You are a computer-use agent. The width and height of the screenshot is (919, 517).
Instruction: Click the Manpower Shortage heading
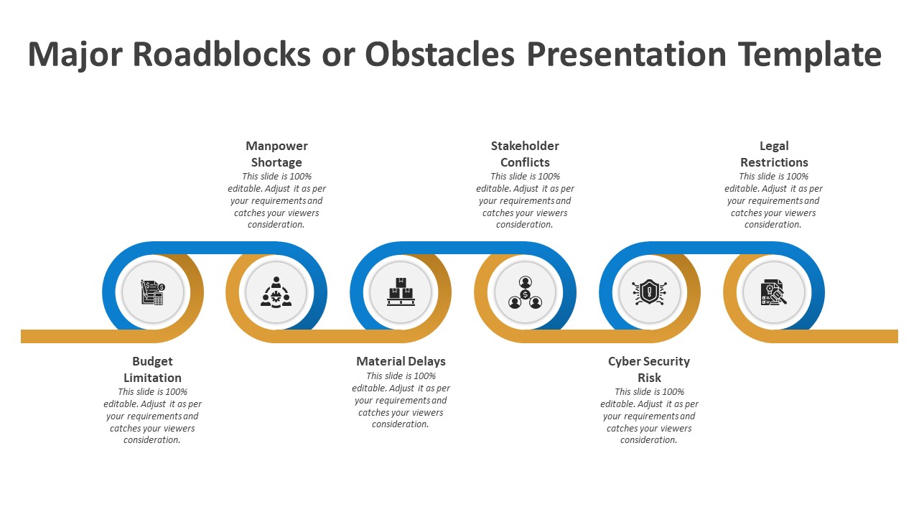[276, 154]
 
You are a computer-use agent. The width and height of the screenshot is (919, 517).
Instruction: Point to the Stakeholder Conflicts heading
[525, 154]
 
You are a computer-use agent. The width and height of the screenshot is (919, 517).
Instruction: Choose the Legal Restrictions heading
[774, 154]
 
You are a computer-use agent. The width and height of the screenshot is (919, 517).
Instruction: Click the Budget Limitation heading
[152, 369]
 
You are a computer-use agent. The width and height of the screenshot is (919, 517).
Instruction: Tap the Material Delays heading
[401, 361]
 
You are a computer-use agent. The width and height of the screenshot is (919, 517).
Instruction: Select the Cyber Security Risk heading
[649, 369]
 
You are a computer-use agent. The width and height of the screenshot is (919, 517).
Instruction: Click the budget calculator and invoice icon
[153, 292]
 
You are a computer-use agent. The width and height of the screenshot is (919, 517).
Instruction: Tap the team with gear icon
[276, 292]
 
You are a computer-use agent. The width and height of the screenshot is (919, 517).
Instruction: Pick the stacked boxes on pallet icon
[401, 292]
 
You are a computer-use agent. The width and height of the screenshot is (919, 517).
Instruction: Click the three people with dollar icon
[525, 292]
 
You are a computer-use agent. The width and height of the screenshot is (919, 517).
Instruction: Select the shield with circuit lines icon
[649, 292]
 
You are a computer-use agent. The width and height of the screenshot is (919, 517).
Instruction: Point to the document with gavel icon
[773, 292]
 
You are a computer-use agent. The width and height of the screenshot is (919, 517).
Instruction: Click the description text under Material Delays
[401, 400]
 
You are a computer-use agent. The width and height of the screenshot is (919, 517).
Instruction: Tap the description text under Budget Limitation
[152, 416]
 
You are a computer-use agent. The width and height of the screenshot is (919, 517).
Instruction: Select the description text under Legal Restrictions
[773, 200]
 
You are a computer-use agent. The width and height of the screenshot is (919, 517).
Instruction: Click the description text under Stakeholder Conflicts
[525, 200]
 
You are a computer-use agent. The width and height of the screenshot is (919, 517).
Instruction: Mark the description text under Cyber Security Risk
[649, 416]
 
